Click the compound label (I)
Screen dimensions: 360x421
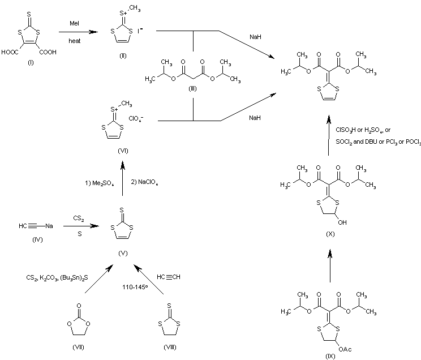point(31,62)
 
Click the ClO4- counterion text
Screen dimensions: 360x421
point(138,119)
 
